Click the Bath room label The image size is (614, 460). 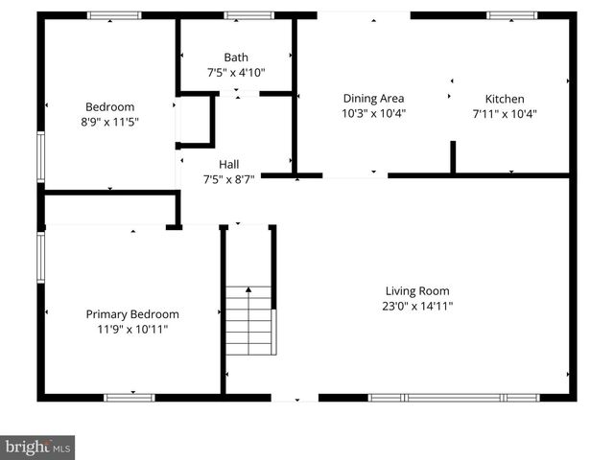pyautogui.click(x=236, y=57)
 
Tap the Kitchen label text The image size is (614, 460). pyautogui.click(x=505, y=99)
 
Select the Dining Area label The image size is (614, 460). pyautogui.click(x=373, y=98)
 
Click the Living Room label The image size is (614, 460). pyautogui.click(x=417, y=291)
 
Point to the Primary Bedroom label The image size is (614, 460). pyautogui.click(x=132, y=314)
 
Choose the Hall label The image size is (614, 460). pyautogui.click(x=228, y=164)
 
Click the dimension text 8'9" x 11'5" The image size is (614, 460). pyautogui.click(x=110, y=122)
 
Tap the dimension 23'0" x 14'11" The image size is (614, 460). pyautogui.click(x=417, y=307)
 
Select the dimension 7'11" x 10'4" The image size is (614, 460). pyautogui.click(x=505, y=113)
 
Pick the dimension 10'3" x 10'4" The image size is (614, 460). pyautogui.click(x=374, y=113)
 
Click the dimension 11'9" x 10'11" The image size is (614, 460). pyautogui.click(x=132, y=329)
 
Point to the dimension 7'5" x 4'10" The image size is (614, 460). pyautogui.click(x=236, y=72)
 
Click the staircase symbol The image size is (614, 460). pyautogui.click(x=249, y=321)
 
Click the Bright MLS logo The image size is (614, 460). pyautogui.click(x=38, y=447)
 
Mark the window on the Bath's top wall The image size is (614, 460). pyautogui.click(x=248, y=15)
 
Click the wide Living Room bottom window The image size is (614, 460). pyautogui.click(x=454, y=397)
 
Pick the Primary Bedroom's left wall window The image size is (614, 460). pyautogui.click(x=41, y=257)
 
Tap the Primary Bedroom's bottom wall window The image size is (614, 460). pyautogui.click(x=130, y=397)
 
